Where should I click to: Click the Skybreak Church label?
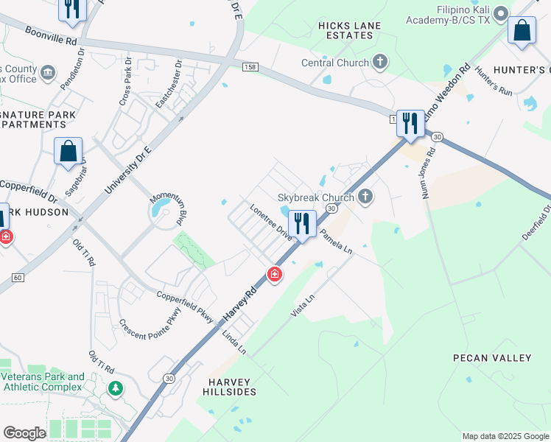[x=316, y=197]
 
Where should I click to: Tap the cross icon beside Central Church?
[x=380, y=62]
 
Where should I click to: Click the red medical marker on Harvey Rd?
[x=275, y=275]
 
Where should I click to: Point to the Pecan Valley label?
[x=492, y=358]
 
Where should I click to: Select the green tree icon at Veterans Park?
[x=115, y=387]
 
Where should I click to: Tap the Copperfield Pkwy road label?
[x=185, y=306]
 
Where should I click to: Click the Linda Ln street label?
[x=234, y=343]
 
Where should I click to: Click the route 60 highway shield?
[x=18, y=277]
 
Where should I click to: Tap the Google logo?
[x=24, y=433]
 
